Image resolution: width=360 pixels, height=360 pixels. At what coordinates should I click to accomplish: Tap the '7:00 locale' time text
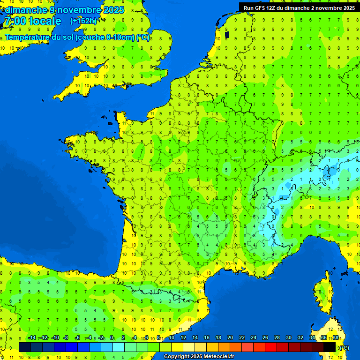point(32,21)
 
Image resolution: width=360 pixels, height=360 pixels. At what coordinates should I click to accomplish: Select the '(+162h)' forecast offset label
point(83,21)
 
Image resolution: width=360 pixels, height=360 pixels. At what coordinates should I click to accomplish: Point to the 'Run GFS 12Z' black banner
point(299,7)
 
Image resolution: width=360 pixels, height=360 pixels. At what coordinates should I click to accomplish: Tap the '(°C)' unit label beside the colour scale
point(344,347)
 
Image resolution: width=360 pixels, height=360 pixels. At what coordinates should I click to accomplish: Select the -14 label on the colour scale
point(32,337)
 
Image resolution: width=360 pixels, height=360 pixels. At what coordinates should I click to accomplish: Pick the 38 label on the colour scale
point(335,337)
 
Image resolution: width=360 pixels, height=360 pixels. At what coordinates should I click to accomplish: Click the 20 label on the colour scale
point(230,337)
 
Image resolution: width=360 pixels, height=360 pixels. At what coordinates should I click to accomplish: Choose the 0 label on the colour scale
point(112,337)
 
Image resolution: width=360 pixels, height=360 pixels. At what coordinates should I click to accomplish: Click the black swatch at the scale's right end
point(330,347)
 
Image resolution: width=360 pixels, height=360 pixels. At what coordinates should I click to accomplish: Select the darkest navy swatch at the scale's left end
point(25,347)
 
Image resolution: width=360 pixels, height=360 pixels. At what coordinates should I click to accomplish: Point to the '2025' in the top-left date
point(113,9)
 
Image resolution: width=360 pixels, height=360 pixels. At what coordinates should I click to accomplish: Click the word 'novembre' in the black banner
point(330,7)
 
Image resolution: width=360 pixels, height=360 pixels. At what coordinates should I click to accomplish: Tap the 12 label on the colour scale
point(183,337)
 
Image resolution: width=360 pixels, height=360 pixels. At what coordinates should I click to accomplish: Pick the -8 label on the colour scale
point(66,337)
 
